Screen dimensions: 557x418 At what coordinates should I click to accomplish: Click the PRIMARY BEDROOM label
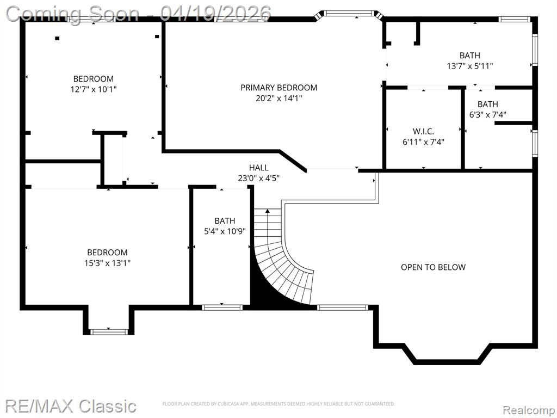pyautogui.click(x=279, y=88)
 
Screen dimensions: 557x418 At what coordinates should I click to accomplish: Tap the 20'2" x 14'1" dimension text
pyautogui.click(x=279, y=98)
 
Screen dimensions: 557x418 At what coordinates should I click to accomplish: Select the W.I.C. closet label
pyautogui.click(x=423, y=132)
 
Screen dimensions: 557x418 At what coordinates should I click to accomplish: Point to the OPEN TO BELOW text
pyautogui.click(x=433, y=267)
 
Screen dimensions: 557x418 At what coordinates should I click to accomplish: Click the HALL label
pyautogui.click(x=258, y=168)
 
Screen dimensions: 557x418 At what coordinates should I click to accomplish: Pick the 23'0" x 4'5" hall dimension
pyautogui.click(x=258, y=178)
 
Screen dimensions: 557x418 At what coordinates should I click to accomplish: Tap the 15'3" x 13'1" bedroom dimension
pyautogui.click(x=107, y=263)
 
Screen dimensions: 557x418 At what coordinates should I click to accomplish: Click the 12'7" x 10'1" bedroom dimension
pyautogui.click(x=94, y=89)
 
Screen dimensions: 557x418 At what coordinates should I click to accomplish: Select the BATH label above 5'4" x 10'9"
pyautogui.click(x=225, y=221)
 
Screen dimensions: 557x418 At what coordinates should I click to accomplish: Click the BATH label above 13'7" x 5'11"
pyautogui.click(x=469, y=56)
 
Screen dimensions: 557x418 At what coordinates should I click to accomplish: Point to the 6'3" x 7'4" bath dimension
pyautogui.click(x=488, y=114)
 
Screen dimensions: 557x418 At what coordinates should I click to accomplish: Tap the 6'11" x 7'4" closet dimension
pyautogui.click(x=423, y=142)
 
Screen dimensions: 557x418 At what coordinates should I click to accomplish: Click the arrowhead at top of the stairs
pyautogui.click(x=268, y=211)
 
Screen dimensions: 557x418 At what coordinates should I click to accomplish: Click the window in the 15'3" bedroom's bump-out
pyautogui.click(x=108, y=332)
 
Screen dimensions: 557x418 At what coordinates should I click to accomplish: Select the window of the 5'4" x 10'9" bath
pyautogui.click(x=222, y=308)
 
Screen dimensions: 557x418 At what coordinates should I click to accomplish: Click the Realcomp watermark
pyautogui.click(x=529, y=410)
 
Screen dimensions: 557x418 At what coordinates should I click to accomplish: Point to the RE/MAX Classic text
pyautogui.click(x=71, y=405)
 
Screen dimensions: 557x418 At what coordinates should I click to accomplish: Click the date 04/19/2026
pyautogui.click(x=215, y=14)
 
